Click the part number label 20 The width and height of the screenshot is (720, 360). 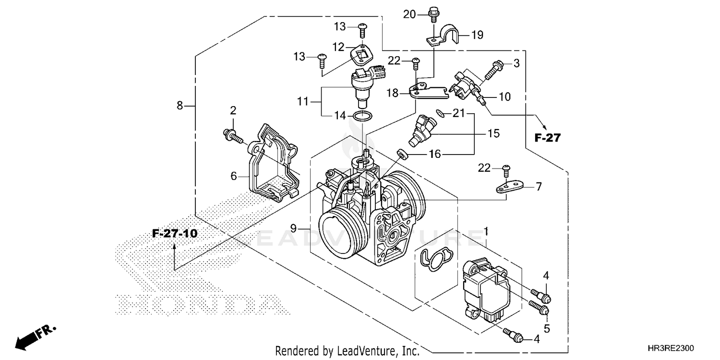tap(409, 14)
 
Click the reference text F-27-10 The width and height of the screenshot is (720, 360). tap(175, 234)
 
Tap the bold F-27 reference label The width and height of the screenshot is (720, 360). tap(547, 138)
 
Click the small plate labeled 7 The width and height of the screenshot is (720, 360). tap(510, 186)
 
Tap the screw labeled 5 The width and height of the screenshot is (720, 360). tap(540, 306)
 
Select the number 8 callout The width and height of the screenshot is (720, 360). tap(180, 105)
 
